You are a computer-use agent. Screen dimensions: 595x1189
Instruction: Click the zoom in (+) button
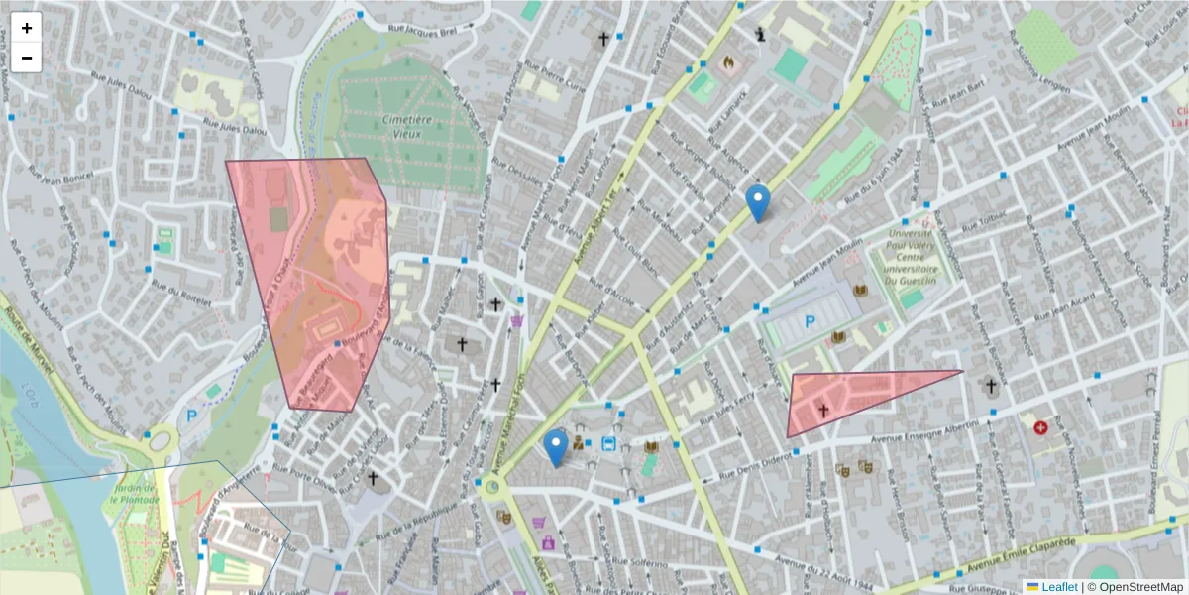[27, 28]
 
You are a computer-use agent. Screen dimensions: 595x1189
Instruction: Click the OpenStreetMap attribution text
[1139, 587]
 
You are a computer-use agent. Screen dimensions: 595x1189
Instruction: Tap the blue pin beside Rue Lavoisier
[758, 203]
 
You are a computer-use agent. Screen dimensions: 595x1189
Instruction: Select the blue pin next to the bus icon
[557, 448]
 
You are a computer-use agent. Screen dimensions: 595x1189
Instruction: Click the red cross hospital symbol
[1040, 427]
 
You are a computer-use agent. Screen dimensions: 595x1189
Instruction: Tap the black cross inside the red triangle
[822, 410]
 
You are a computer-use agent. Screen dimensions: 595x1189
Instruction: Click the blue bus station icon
[608, 444]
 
